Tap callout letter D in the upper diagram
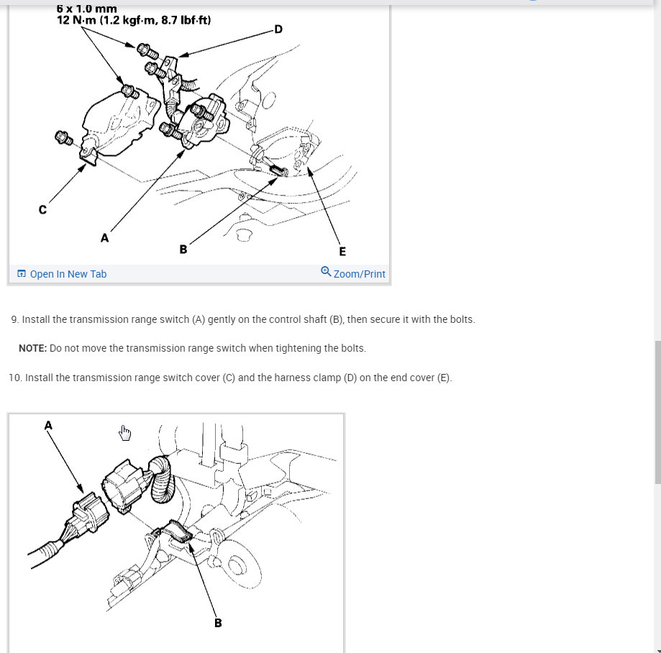point(278,29)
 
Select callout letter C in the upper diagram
point(42,209)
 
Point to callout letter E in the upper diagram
point(342,252)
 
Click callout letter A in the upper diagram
point(104,238)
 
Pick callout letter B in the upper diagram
point(183,250)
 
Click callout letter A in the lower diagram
point(48,425)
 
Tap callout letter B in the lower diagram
point(218,623)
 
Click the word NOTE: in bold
point(32,348)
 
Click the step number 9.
point(15,319)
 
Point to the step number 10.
point(15,378)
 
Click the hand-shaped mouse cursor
point(124,433)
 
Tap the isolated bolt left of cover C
point(64,138)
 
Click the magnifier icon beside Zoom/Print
point(326,271)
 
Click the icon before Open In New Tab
point(22,273)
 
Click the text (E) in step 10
point(444,378)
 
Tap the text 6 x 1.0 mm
point(86,9)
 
